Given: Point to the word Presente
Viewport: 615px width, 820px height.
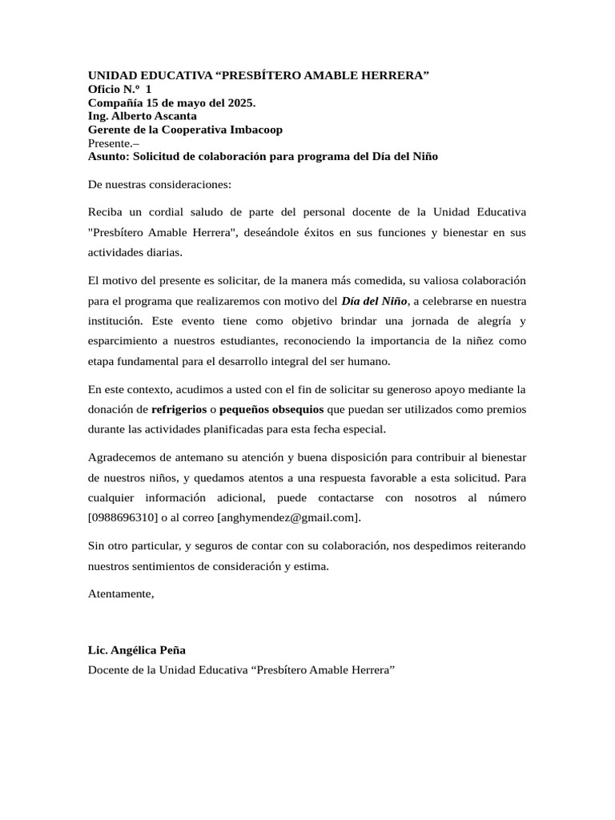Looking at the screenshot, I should tap(111, 143).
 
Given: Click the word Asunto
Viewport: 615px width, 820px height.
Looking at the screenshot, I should tap(108, 156).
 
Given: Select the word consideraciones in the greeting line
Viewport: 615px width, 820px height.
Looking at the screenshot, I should tap(188, 184).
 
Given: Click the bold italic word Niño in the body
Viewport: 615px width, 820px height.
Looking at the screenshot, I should tap(392, 302).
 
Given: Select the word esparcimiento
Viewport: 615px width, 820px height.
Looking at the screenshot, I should tap(123, 341).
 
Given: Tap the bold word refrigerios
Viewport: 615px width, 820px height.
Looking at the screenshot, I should tap(179, 409).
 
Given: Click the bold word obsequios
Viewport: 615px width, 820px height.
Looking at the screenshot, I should tap(295, 409).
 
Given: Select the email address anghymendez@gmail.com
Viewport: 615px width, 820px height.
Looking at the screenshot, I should tap(287, 517).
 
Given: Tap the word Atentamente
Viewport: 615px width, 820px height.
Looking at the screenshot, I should tap(120, 594).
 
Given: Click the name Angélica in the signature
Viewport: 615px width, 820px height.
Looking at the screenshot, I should tap(136, 650).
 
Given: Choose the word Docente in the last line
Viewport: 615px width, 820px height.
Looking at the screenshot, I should tap(108, 669).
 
